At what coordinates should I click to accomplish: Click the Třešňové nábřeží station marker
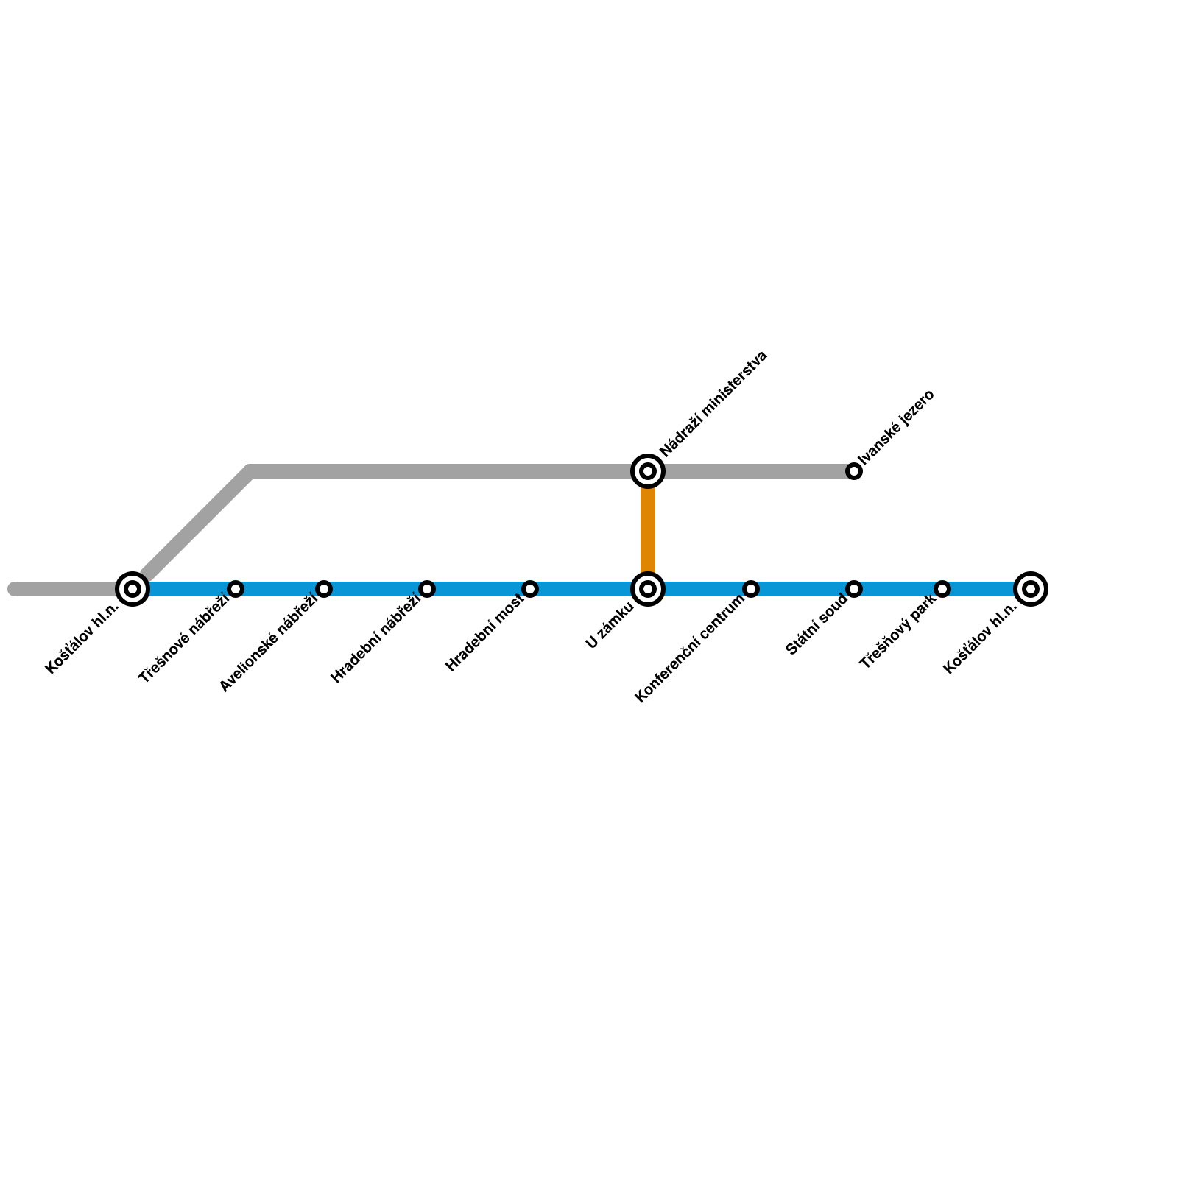pos(236,589)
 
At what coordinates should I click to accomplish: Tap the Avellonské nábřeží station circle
pos(324,589)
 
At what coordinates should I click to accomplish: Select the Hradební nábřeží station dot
pos(427,589)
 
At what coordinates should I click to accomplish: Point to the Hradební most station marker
pos(530,589)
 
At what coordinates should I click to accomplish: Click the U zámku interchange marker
pos(648,589)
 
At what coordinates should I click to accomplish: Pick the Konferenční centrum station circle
pos(751,589)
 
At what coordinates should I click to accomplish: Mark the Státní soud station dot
pos(854,589)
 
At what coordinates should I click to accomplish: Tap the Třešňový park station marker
pos(942,589)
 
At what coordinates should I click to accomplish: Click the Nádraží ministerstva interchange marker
pos(648,471)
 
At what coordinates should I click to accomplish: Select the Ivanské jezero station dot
pos(854,471)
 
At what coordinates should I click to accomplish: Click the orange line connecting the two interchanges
pos(648,530)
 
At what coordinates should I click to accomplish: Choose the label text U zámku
pos(610,626)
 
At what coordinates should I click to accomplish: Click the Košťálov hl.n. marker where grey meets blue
pos(133,589)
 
